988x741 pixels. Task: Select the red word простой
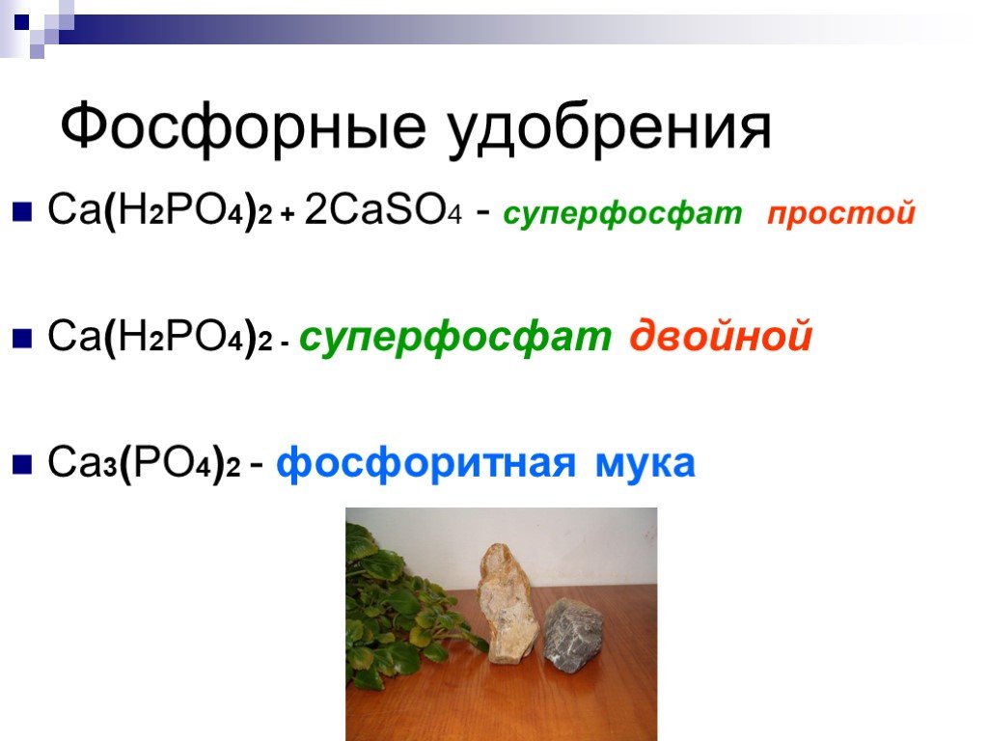tap(841, 213)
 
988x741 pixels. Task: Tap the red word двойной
tap(720, 336)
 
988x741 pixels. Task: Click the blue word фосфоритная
tap(425, 464)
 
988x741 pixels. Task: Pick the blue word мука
tap(645, 464)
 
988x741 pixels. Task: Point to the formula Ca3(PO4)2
tap(145, 463)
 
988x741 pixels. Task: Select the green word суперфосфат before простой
tap(622, 214)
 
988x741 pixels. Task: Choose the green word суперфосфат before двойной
tap(455, 337)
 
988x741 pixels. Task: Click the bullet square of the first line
tap(22, 211)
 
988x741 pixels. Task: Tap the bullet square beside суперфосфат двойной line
tap(22, 339)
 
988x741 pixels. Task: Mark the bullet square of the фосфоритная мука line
tap(22, 465)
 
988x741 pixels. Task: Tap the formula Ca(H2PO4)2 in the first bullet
tap(160, 210)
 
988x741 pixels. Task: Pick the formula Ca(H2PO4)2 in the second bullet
tap(160, 337)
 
